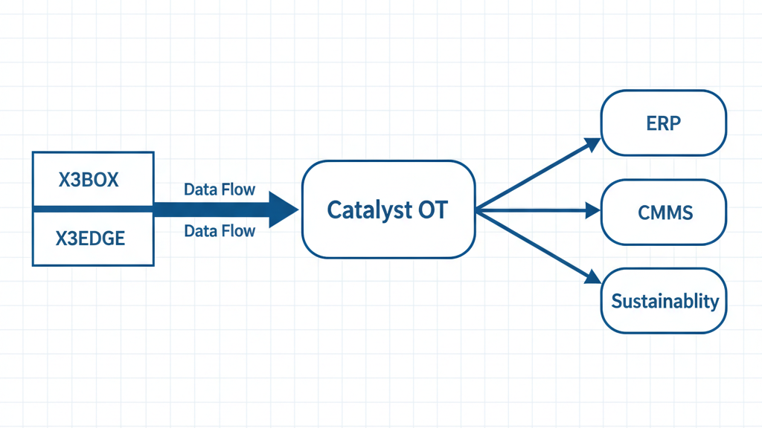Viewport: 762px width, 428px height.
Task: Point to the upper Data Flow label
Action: click(x=220, y=189)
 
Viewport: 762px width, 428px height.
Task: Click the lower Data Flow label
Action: click(x=220, y=231)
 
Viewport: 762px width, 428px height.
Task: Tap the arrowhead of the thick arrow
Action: click(x=284, y=210)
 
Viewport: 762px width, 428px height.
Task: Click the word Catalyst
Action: click(x=362, y=210)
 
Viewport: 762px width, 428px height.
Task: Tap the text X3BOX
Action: click(x=89, y=180)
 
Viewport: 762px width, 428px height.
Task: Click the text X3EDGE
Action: click(x=90, y=239)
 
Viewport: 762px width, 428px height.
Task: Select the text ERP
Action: click(x=663, y=123)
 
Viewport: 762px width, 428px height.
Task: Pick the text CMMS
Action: click(x=665, y=213)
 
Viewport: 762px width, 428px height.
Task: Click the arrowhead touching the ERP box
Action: click(x=592, y=143)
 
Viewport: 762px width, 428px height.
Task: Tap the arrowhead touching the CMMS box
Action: click(x=593, y=211)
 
